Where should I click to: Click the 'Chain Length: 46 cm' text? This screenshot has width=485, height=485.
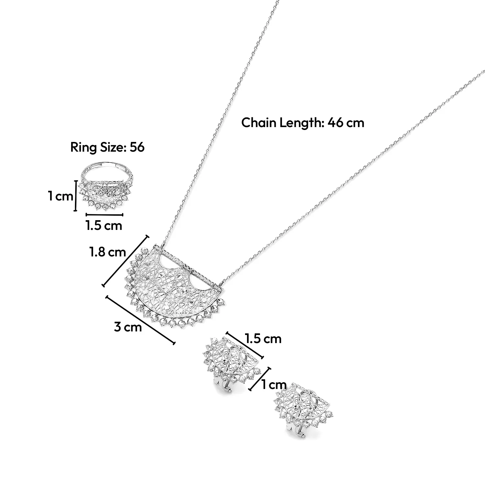[303, 123]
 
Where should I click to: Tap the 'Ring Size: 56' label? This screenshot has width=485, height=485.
[107, 147]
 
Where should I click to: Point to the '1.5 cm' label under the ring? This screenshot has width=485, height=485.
[104, 225]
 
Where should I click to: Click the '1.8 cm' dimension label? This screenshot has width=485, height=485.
[108, 252]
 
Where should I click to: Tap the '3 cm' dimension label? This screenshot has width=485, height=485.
[128, 327]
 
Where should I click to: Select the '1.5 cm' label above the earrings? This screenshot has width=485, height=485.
[263, 339]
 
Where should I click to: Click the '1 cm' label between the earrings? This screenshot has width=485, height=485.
[274, 385]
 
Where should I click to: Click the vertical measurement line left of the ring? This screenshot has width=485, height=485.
[76, 196]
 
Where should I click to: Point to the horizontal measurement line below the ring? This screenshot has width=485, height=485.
[104, 214]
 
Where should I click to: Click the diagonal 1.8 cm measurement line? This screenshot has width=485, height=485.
[125, 261]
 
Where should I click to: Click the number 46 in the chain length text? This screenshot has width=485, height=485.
[336, 123]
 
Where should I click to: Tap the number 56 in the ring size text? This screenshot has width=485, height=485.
[137, 147]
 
